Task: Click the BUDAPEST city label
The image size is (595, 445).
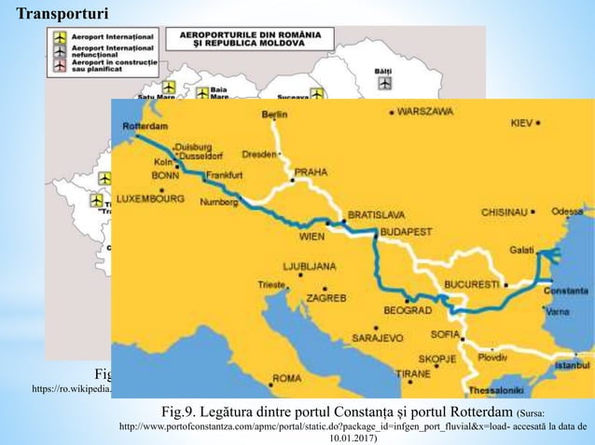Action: point(403,224)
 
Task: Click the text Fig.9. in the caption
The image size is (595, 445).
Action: point(183,411)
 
